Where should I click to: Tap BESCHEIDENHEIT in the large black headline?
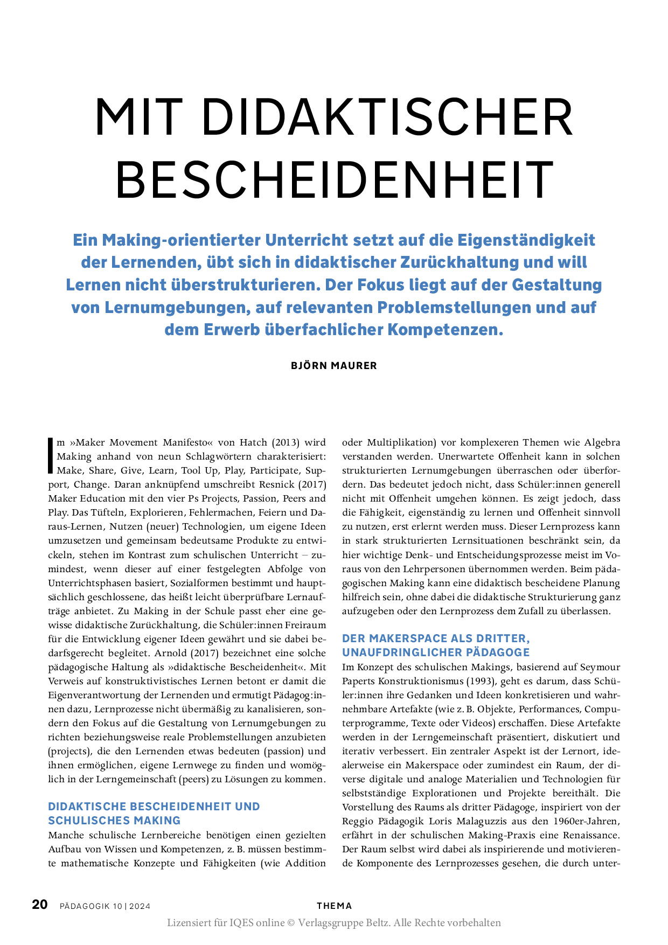point(335,179)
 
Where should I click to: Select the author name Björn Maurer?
point(334,365)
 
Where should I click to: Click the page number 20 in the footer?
point(40,905)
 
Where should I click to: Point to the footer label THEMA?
point(334,906)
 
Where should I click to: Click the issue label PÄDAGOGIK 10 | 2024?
point(105,906)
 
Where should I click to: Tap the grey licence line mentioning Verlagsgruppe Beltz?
point(334,923)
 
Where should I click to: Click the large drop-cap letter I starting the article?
point(51,456)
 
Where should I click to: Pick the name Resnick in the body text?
point(276,484)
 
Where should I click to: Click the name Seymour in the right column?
point(600,667)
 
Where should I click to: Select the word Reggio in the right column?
point(358,821)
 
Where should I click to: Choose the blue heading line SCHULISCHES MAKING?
point(114,821)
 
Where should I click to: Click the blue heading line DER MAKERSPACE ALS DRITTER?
point(436,638)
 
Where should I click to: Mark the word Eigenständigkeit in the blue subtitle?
point(526,240)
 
